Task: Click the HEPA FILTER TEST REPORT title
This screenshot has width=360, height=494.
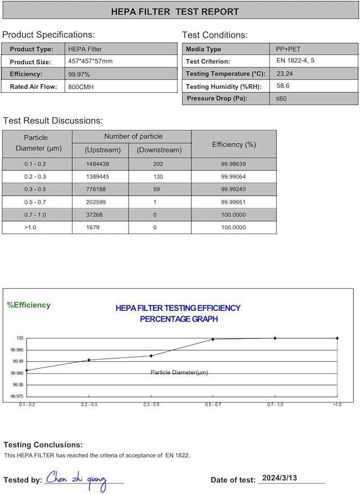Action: point(175,11)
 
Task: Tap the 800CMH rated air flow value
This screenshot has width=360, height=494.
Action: point(80,87)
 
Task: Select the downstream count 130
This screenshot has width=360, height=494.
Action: point(159,176)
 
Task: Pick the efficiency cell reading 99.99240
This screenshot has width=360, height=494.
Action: point(234,189)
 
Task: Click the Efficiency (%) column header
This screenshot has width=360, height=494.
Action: point(234,144)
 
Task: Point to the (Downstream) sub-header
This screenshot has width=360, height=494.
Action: point(160,150)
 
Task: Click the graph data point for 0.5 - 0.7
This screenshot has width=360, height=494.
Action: point(212,339)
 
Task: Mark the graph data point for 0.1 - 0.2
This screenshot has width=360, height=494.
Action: point(27,370)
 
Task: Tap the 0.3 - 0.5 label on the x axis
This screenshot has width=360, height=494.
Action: point(151,404)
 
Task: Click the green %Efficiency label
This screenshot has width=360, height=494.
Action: point(29,305)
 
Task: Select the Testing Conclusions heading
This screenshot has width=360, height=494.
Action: point(43,445)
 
